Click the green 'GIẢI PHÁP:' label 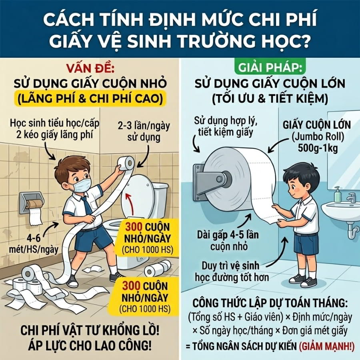pyautogui.click(x=270, y=68)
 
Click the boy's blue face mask pyautogui.click(x=80, y=185)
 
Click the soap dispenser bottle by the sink pyautogui.click(x=337, y=194)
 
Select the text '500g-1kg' pyautogui.click(x=318, y=148)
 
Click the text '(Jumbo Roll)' pyautogui.click(x=318, y=137)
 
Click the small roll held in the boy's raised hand pyautogui.click(x=126, y=163)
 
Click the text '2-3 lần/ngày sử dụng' pyautogui.click(x=144, y=131)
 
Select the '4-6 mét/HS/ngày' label pyautogui.click(x=34, y=243)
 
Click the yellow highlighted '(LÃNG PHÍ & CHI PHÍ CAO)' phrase pyautogui.click(x=90, y=99)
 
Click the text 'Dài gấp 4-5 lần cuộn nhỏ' pyautogui.click(x=228, y=240)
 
